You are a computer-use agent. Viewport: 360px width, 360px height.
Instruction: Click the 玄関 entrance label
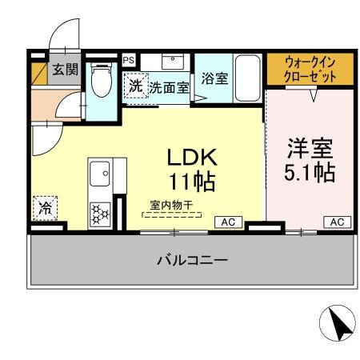click(66, 70)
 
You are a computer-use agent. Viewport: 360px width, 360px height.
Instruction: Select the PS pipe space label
click(127, 58)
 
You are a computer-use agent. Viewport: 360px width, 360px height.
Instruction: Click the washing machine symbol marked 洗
click(135, 85)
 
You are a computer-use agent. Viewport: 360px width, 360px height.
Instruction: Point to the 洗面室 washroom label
click(169, 87)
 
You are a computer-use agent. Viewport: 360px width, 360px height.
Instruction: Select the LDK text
click(191, 156)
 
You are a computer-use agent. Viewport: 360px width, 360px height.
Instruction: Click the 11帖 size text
click(191, 182)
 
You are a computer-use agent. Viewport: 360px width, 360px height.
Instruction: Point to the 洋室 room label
click(310, 149)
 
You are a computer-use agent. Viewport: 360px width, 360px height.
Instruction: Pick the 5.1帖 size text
click(310, 173)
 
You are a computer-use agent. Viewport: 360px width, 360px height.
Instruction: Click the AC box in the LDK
click(228, 222)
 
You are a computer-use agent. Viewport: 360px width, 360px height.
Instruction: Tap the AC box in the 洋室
click(337, 222)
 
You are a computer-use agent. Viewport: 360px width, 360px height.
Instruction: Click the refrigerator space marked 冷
click(44, 209)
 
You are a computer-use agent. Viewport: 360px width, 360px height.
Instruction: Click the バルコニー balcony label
click(191, 261)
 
